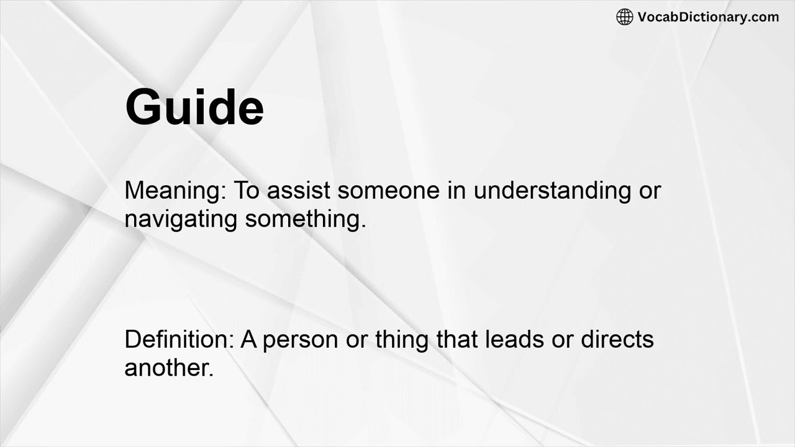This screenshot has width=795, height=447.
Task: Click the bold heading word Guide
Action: tap(194, 107)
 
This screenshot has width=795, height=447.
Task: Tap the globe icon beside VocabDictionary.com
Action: tap(624, 17)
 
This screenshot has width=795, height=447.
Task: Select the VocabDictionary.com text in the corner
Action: tap(708, 17)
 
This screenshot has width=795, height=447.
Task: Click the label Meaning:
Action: tap(175, 191)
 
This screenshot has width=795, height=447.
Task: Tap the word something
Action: tap(305, 219)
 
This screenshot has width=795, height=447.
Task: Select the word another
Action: tap(169, 368)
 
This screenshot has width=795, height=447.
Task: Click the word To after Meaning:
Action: tap(247, 191)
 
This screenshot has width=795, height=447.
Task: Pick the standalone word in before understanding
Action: tap(457, 191)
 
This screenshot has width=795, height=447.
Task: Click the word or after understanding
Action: tap(650, 191)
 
